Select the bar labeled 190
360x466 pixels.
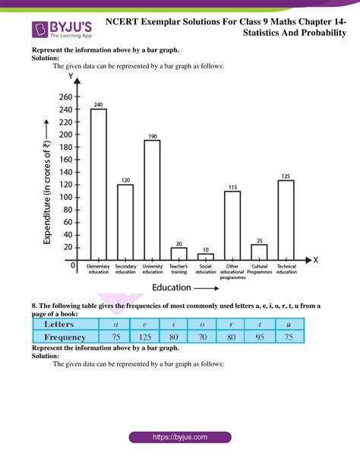click(152, 199)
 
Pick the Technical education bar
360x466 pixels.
click(286, 219)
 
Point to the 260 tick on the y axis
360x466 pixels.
click(64, 97)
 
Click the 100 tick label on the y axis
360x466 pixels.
click(64, 197)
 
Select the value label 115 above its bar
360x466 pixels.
click(232, 187)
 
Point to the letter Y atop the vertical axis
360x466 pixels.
click(71, 77)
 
